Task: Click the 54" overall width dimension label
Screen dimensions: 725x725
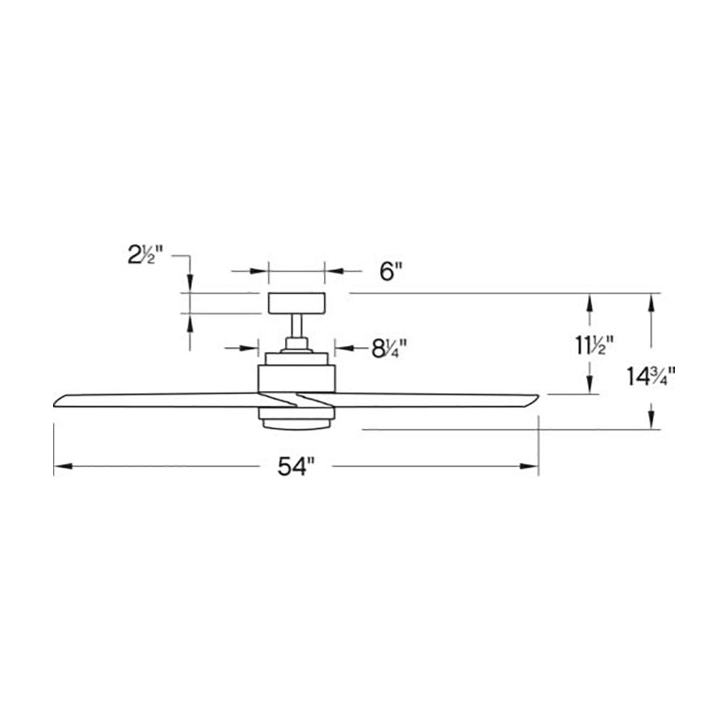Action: [x=296, y=468]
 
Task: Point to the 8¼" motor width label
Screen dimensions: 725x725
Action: [x=389, y=349]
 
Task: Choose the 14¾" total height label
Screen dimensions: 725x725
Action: [x=652, y=376]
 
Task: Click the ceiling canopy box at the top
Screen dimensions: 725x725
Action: [x=297, y=303]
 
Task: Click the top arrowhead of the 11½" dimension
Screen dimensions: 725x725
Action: [x=592, y=300]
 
